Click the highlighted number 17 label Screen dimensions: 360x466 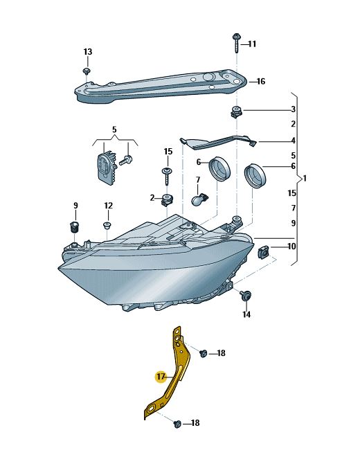click(x=161, y=377)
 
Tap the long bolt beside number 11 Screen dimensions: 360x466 click(x=237, y=44)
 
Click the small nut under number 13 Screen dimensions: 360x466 click(x=87, y=71)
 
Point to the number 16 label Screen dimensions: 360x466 click(x=261, y=81)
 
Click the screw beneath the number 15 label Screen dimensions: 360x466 click(x=167, y=177)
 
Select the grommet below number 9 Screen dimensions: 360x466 click(x=74, y=227)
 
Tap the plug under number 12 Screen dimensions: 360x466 click(x=107, y=226)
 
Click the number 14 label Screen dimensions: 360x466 click(x=246, y=314)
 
